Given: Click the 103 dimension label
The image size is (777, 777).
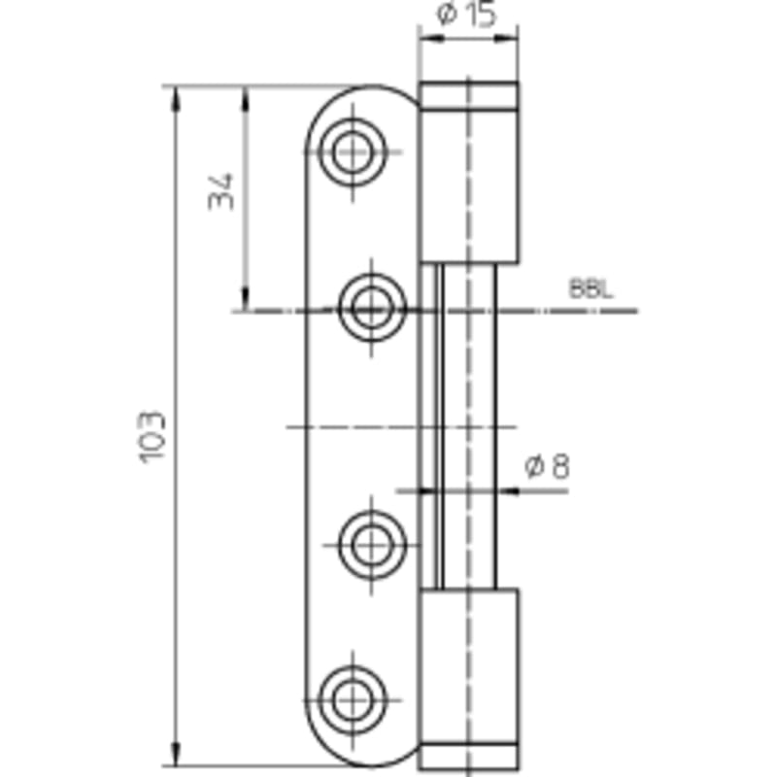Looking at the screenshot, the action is click(152, 437).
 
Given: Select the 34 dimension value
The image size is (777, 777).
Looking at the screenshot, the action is click(220, 191).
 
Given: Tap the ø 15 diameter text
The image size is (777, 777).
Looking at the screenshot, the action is click(466, 14).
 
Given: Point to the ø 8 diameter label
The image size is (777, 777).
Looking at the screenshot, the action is click(547, 466).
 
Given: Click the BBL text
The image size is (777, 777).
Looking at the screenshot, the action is click(591, 288).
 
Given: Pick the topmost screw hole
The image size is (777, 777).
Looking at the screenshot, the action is click(353, 152).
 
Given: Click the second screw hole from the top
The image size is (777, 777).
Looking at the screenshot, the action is click(372, 308).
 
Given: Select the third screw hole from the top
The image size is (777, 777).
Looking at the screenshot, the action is click(372, 545).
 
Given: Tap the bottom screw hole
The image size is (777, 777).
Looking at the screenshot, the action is click(353, 700).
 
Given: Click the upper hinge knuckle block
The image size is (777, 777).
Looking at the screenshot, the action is click(469, 185).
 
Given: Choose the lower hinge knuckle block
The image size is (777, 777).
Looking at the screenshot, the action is click(469, 666).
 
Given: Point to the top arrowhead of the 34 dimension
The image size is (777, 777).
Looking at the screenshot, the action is click(245, 98).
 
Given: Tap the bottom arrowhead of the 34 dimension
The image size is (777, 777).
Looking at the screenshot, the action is click(245, 299).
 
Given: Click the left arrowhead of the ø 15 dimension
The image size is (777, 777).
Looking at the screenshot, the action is click(431, 38).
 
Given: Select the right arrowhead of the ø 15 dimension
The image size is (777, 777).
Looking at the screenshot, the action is click(506, 38).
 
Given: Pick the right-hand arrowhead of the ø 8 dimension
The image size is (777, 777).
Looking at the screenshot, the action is click(508, 490).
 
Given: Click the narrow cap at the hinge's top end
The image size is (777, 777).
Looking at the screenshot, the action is click(469, 95).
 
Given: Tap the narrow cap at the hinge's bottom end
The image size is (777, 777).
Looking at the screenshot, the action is click(469, 757).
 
